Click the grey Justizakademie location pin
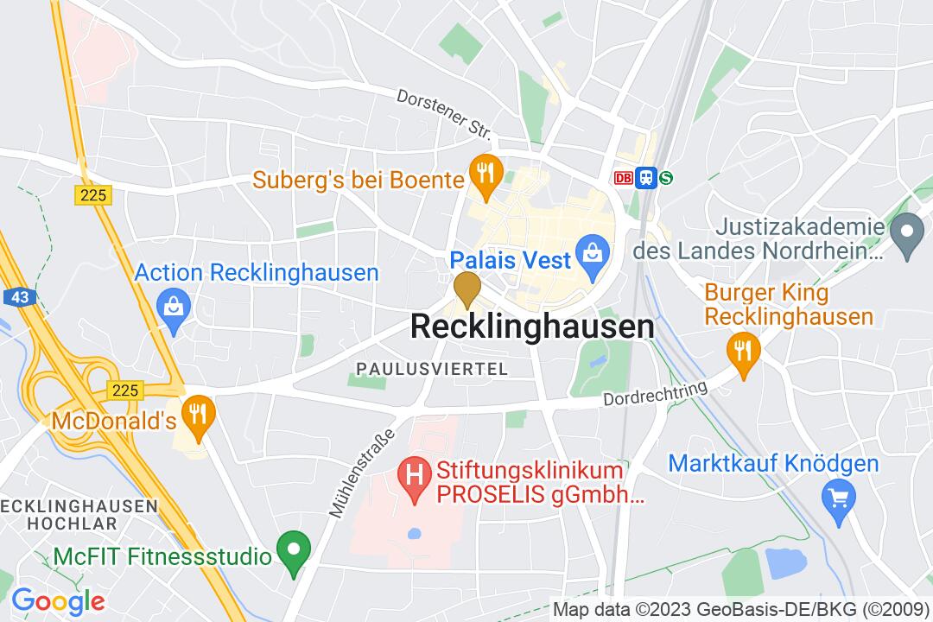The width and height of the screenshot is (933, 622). pyautogui.click(x=906, y=235)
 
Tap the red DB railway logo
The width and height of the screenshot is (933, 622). pyautogui.click(x=622, y=178)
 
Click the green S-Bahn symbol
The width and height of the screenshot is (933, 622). pyautogui.click(x=666, y=178)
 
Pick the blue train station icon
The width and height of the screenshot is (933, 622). pyautogui.click(x=644, y=178)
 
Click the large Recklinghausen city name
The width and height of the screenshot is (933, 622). pyautogui.click(x=531, y=327)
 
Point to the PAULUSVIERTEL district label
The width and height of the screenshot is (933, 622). pyautogui.click(x=432, y=369)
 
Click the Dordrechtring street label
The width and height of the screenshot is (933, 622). pyautogui.click(x=655, y=394)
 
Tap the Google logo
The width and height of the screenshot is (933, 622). pyautogui.click(x=58, y=600)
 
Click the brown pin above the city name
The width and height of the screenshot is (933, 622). pyautogui.click(x=466, y=287)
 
